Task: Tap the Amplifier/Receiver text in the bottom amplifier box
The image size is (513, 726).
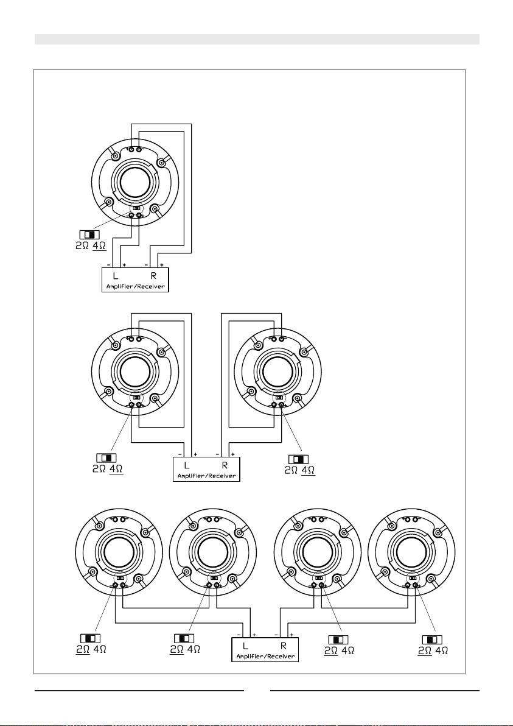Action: (x=265, y=656)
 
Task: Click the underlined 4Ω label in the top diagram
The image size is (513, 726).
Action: (x=99, y=245)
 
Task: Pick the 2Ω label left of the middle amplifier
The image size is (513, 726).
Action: (x=99, y=468)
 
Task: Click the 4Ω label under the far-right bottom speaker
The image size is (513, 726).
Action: (x=442, y=650)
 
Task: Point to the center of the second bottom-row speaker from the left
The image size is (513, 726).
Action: (x=213, y=551)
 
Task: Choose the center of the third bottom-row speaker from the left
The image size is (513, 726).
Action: (x=318, y=551)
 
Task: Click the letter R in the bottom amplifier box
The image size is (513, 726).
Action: (x=282, y=646)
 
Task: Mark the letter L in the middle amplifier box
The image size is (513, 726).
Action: (x=187, y=465)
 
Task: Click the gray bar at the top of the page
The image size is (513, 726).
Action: (x=257, y=39)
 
